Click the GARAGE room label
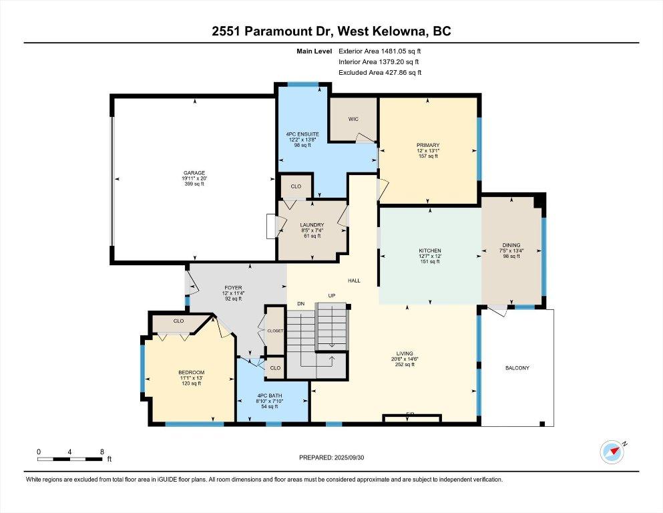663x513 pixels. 195,172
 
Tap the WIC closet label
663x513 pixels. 353,119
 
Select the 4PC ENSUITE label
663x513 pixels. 302,134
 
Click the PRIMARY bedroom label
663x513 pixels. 427,145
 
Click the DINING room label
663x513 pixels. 512,245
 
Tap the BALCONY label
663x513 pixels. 517,367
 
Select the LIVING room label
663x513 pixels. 405,353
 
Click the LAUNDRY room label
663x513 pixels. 312,225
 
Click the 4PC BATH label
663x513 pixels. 272,395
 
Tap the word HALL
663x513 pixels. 353,281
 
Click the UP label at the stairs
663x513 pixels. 331,295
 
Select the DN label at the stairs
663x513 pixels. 300,304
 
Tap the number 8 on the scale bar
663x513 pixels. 101,451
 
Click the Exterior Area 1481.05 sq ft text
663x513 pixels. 380,51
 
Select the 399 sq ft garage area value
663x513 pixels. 195,184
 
